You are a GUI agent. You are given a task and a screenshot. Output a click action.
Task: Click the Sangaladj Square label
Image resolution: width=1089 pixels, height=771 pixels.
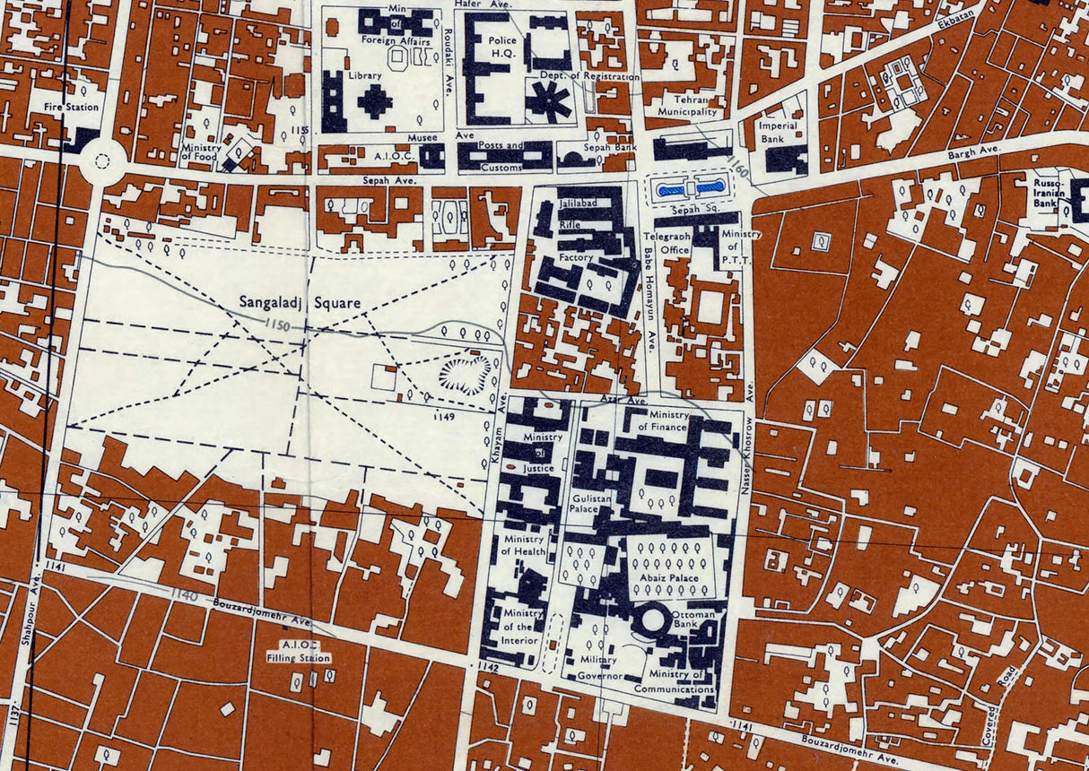300,303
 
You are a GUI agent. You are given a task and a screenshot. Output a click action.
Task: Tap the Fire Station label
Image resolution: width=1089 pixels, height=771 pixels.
71,107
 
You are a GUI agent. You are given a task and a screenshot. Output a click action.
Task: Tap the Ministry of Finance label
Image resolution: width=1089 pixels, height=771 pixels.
663,420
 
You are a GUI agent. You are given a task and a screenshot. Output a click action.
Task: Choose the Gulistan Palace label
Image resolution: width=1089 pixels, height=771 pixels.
583,503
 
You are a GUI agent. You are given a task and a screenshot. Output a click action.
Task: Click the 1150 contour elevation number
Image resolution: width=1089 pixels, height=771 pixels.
279,325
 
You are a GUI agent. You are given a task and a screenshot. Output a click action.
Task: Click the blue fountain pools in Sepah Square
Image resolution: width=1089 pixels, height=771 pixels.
689,188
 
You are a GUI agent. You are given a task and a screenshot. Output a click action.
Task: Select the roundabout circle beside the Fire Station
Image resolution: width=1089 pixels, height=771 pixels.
102,162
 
